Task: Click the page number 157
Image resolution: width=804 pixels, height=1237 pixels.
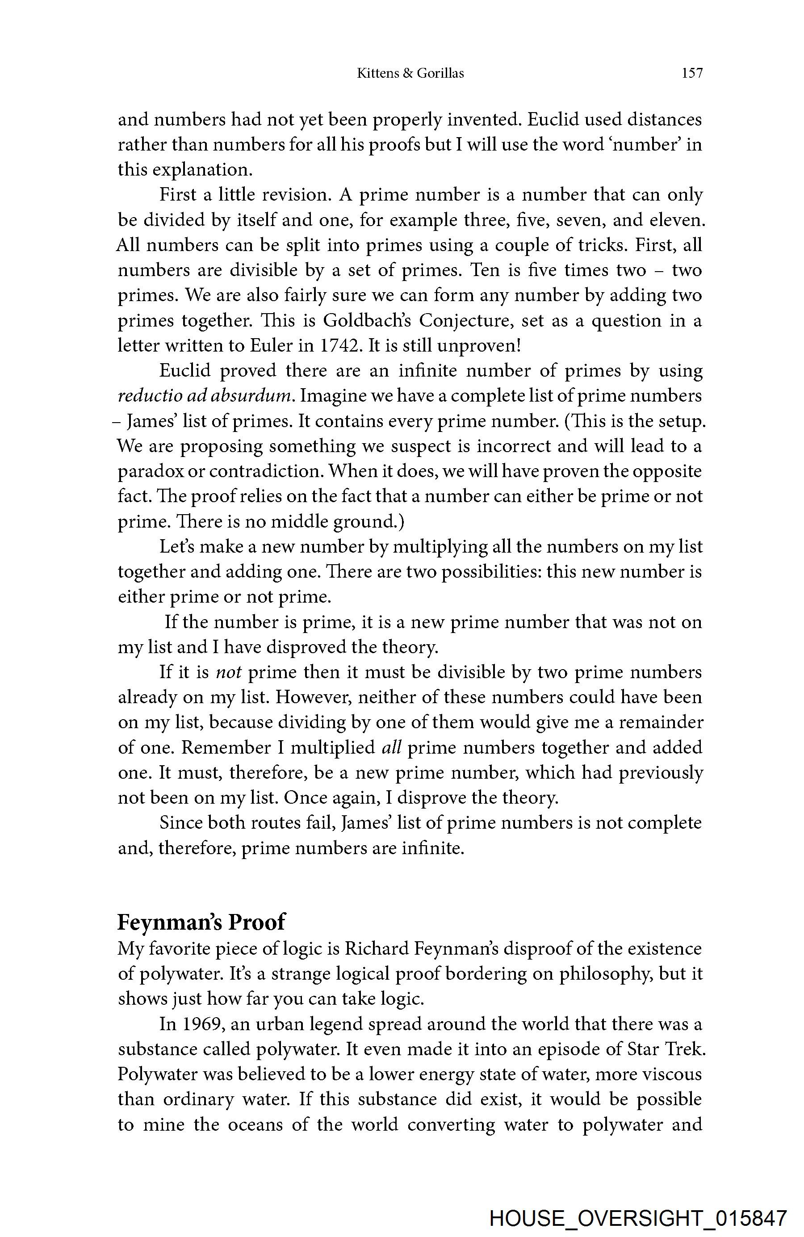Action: pyautogui.click(x=692, y=73)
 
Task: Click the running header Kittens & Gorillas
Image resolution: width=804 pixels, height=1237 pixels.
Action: pyautogui.click(x=410, y=73)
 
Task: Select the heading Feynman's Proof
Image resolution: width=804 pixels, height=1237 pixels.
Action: pyautogui.click(x=201, y=922)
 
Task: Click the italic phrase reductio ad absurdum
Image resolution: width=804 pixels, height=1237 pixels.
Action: pyautogui.click(x=206, y=396)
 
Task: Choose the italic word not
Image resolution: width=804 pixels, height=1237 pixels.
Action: pyautogui.click(x=229, y=672)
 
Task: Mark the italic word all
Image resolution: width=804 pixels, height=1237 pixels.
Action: pyautogui.click(x=391, y=747)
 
